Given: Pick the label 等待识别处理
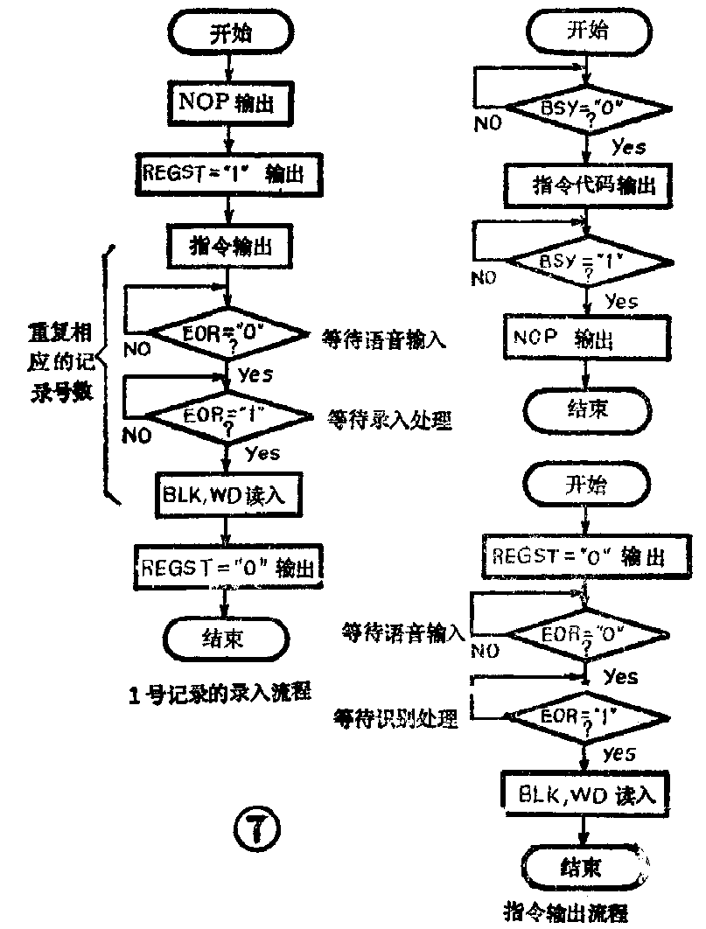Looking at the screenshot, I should point(395,719).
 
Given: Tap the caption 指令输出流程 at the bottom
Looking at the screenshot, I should point(566,912).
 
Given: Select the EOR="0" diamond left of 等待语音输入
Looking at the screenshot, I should point(228,335).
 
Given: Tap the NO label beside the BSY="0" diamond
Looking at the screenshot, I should point(488,123).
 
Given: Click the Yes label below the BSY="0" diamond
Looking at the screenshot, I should point(627,147).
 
